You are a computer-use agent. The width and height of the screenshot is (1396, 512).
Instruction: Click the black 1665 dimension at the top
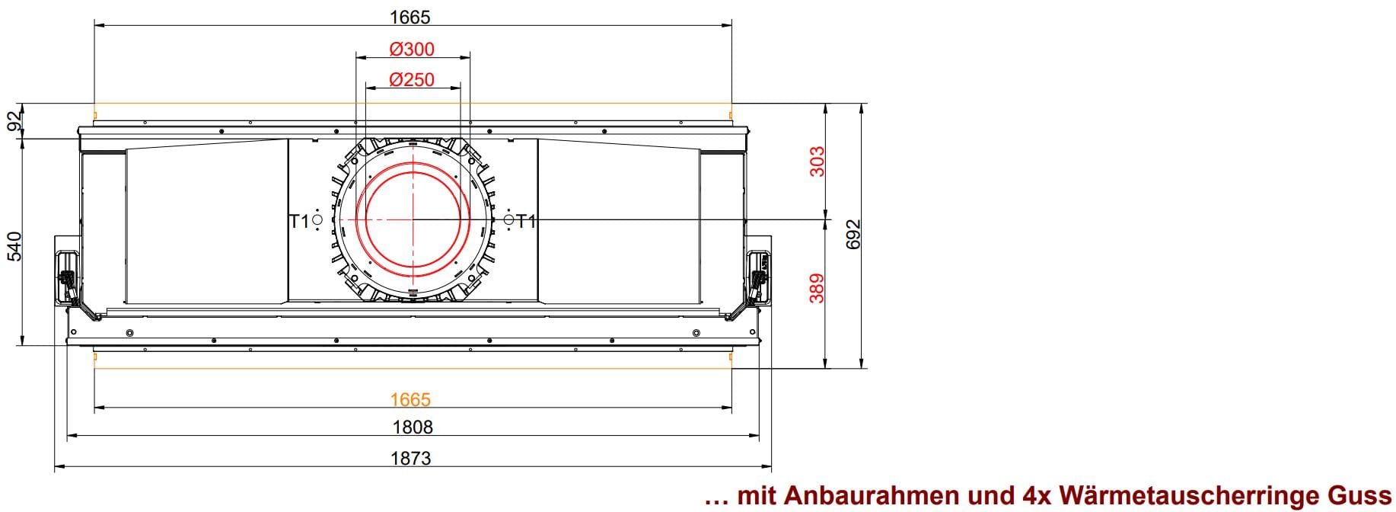click(410, 16)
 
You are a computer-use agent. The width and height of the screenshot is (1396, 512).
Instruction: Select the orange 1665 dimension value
click(410, 399)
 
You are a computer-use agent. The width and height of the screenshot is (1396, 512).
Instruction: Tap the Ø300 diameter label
click(412, 50)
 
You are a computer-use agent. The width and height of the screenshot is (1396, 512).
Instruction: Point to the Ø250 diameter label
click(412, 79)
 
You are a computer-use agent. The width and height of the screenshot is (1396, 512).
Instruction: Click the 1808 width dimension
click(412, 427)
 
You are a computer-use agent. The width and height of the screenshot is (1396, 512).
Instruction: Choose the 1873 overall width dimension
click(411, 458)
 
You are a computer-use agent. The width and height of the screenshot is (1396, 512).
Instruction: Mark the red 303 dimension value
click(818, 162)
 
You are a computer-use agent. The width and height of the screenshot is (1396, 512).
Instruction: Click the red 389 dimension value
click(818, 288)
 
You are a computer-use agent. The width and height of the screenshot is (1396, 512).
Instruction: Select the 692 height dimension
click(853, 234)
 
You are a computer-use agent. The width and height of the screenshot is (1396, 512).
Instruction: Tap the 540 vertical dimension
click(14, 246)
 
